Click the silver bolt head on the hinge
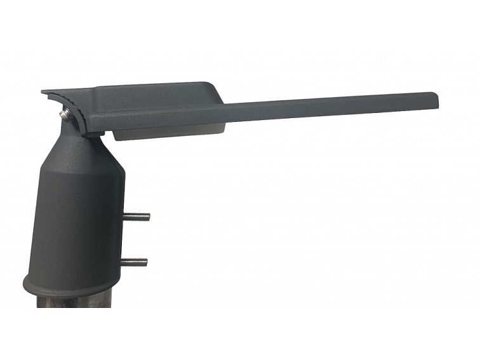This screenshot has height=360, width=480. click(65, 114)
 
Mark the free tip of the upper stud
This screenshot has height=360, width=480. click(148, 217)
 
